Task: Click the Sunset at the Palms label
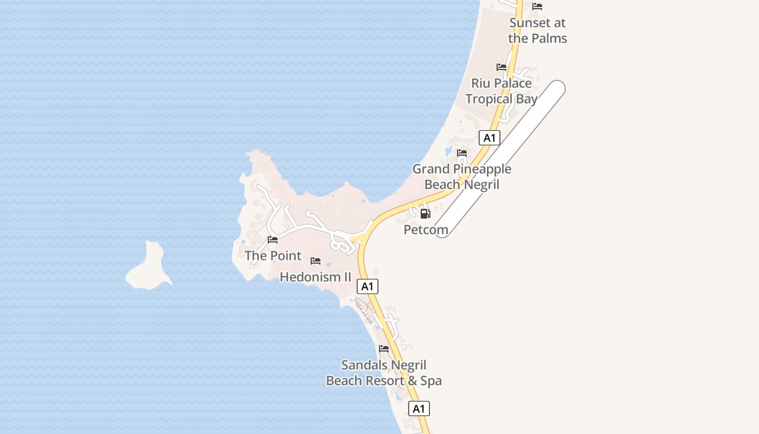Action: tap(537, 30)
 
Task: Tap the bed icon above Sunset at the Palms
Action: tap(537, 7)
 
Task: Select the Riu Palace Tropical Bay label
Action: tap(501, 91)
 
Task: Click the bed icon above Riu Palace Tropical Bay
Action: tap(501, 67)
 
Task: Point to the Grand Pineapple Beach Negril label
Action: tap(462, 177)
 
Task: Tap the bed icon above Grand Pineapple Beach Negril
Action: tap(462, 153)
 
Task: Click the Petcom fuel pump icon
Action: tap(426, 214)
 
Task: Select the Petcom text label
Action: tap(426, 230)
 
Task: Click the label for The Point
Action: tap(273, 256)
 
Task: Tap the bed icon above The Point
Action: tap(273, 240)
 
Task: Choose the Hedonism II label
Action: tap(316, 277)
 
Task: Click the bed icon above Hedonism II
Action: tap(316, 261)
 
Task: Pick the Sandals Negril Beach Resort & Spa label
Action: tap(384, 373)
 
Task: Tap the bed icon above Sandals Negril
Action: tap(384, 349)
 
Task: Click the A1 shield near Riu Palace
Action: tap(490, 138)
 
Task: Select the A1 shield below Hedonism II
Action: tap(368, 286)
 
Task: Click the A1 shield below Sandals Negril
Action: tap(419, 409)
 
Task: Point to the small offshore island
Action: tap(149, 267)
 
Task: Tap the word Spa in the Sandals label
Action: tap(431, 381)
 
